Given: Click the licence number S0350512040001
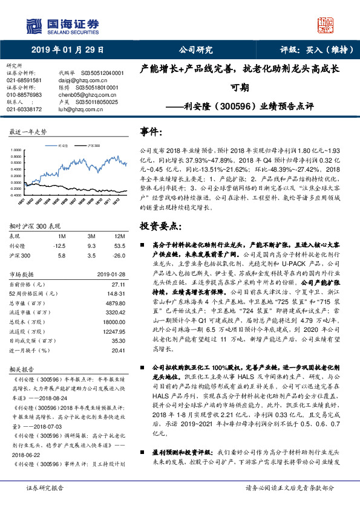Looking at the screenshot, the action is [99, 73].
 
